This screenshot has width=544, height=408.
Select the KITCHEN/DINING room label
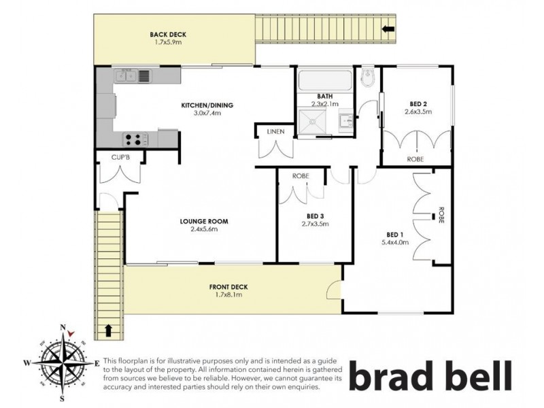click(x=207, y=105)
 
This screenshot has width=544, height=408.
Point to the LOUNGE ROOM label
click(x=203, y=222)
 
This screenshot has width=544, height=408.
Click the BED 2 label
click(x=415, y=103)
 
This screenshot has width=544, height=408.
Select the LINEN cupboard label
click(x=275, y=131)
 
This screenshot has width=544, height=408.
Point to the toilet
click(x=367, y=78)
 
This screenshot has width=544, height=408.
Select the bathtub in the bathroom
click(x=324, y=82)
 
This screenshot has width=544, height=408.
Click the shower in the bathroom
click(x=315, y=123)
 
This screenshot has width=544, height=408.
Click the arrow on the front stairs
click(x=108, y=331)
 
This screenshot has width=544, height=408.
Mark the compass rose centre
click(x=63, y=361)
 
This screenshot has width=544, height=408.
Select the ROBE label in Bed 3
click(x=301, y=175)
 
